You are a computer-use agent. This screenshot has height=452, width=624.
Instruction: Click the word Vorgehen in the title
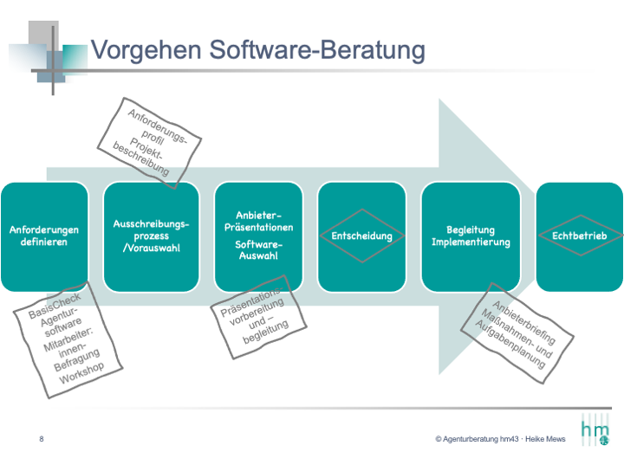pos(146,50)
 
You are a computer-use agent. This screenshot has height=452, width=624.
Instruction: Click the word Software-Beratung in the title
pos(317,50)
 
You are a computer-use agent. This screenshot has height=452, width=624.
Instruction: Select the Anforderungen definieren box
pos(44,236)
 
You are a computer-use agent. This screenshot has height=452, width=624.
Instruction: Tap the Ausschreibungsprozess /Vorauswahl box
pos(151,236)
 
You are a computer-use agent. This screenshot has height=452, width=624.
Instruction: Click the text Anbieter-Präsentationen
pos(258,221)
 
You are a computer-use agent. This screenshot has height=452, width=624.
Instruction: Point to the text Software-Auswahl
pos(258,249)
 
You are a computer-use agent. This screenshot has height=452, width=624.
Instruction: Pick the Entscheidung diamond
pos(362,236)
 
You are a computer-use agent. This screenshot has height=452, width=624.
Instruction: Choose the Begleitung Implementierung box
pos(471,236)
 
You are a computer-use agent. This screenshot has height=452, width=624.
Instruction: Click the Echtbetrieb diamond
pos(581,236)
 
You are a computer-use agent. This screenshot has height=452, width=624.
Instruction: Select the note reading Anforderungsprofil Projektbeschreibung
pos(149,142)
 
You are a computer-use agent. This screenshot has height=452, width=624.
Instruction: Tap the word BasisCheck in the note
pos(55,306)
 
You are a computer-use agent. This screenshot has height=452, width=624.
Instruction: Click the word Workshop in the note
pos(81,373)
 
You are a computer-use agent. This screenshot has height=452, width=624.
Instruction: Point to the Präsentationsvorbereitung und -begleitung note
pos(258,317)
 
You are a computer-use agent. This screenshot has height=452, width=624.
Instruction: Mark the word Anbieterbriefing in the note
pos(523,322)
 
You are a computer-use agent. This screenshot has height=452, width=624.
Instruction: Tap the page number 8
pos(42,439)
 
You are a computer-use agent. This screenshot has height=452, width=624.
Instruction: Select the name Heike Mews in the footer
pos(545,439)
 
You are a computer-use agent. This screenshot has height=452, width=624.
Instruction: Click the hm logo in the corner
pos(595,430)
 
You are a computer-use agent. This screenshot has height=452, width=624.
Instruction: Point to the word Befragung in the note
pos(77,359)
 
